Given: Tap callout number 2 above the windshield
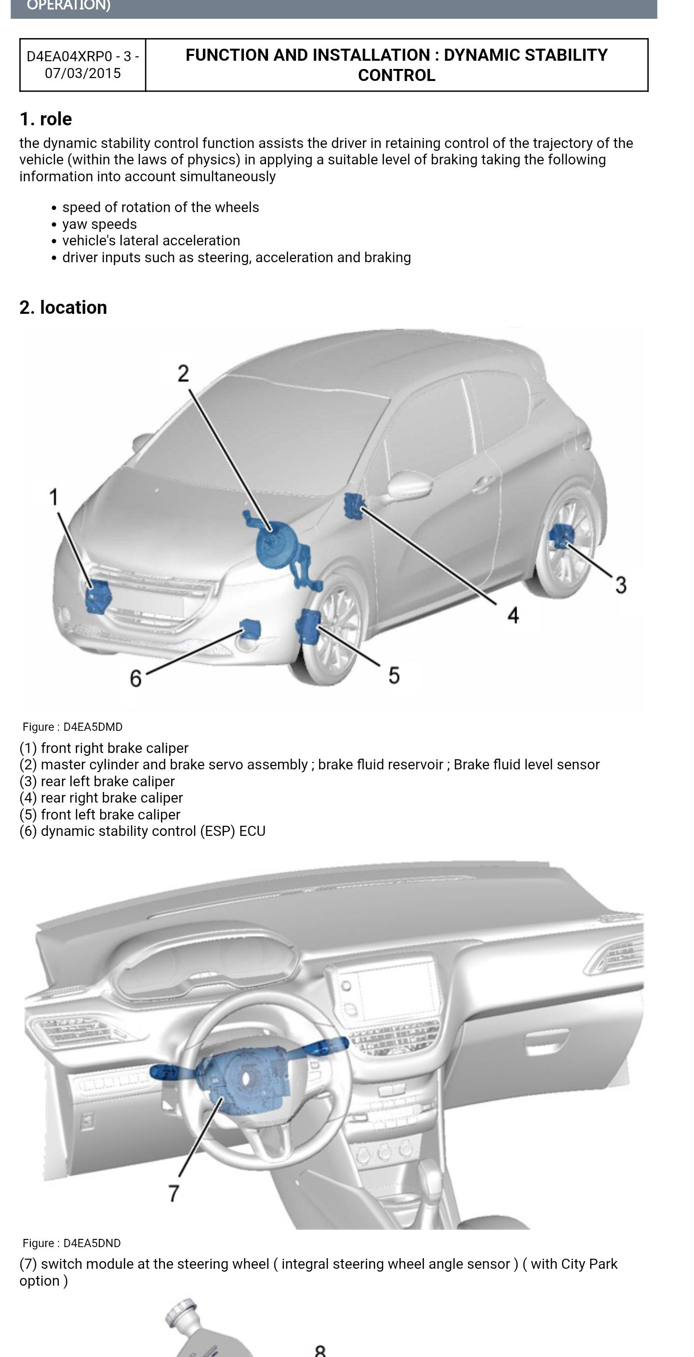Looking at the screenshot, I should pyautogui.click(x=183, y=374).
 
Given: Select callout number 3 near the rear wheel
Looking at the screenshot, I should pyautogui.click(x=621, y=585).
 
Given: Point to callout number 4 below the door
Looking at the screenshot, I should pyautogui.click(x=513, y=614).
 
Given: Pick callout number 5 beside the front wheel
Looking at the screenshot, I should pyautogui.click(x=394, y=675).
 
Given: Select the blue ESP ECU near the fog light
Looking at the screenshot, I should pyautogui.click(x=250, y=629).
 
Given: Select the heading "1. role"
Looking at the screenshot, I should pyautogui.click(x=46, y=119).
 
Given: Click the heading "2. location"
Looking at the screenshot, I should pyautogui.click(x=63, y=307).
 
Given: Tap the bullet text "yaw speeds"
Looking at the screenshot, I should pyautogui.click(x=99, y=224).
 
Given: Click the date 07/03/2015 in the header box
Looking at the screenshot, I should pyautogui.click(x=83, y=73).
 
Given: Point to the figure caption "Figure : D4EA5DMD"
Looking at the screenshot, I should pyautogui.click(x=73, y=727).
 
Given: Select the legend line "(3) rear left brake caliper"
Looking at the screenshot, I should pyautogui.click(x=97, y=781).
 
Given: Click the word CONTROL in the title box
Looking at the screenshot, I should pyautogui.click(x=397, y=75).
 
